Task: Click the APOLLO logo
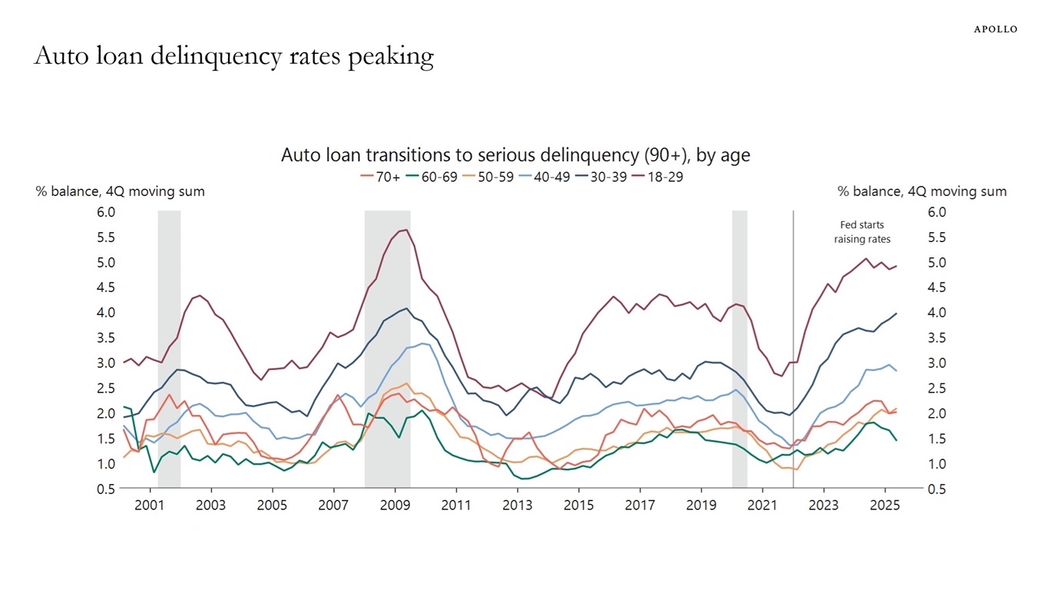click(995, 29)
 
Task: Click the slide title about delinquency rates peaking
click(234, 56)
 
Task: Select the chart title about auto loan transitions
click(515, 155)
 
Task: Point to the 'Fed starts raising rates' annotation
click(862, 232)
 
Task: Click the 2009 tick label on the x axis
click(395, 505)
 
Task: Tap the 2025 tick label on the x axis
click(885, 505)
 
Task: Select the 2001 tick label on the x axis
click(150, 505)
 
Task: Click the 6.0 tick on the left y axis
click(106, 212)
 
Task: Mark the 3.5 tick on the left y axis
click(106, 338)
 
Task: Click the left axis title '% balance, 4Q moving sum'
click(121, 191)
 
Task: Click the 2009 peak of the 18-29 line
click(405, 230)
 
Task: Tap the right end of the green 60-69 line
click(896, 440)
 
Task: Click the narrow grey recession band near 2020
click(740, 350)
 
